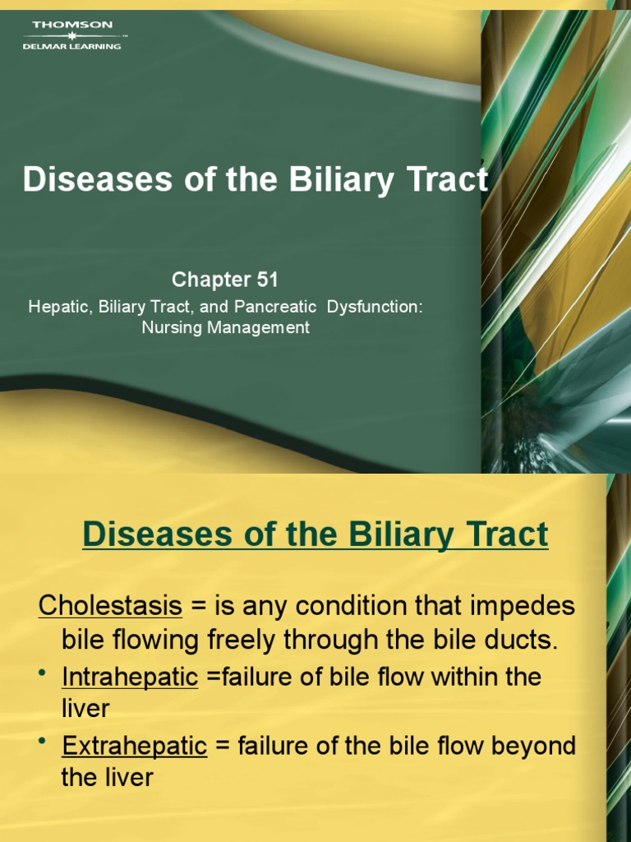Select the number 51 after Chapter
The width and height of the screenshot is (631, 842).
pyautogui.click(x=267, y=280)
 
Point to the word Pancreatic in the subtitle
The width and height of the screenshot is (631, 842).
pyautogui.click(x=275, y=307)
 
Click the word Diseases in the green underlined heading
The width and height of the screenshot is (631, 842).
pyautogui.click(x=148, y=534)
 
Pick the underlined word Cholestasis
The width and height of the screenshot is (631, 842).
pyautogui.click(x=110, y=607)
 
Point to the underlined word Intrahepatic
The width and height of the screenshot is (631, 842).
pyautogui.click(x=130, y=677)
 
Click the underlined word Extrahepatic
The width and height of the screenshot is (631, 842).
pyautogui.click(x=134, y=747)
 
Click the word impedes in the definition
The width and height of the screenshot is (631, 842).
pyautogui.click(x=527, y=607)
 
